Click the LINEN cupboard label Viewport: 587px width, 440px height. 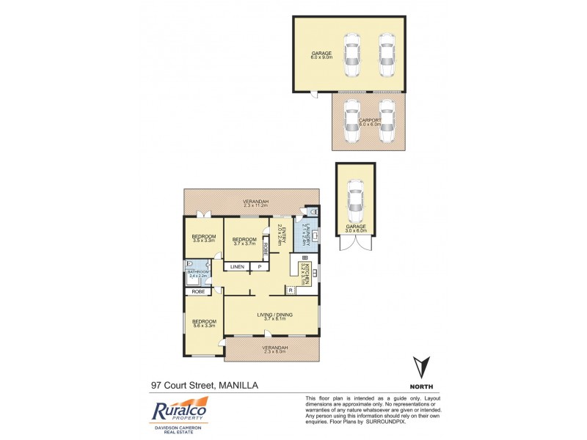(x=238, y=267)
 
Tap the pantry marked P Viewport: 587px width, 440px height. (x=259, y=267)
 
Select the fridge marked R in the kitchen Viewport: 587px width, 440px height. (x=291, y=290)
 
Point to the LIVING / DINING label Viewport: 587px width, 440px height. (x=274, y=315)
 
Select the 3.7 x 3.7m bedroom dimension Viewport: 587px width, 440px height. (x=244, y=244)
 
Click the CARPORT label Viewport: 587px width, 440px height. (x=369, y=120)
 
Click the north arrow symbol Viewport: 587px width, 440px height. (x=420, y=367)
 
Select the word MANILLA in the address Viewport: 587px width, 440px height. (x=238, y=384)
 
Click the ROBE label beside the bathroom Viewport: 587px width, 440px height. (x=198, y=291)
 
